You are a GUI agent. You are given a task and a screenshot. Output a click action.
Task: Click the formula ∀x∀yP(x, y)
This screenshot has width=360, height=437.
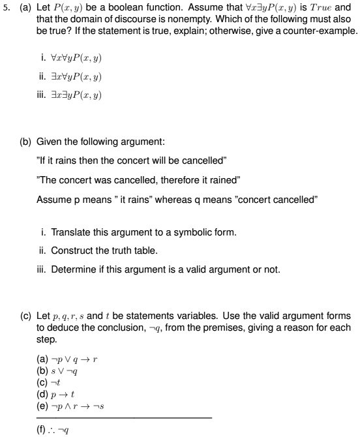[x=76, y=58]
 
